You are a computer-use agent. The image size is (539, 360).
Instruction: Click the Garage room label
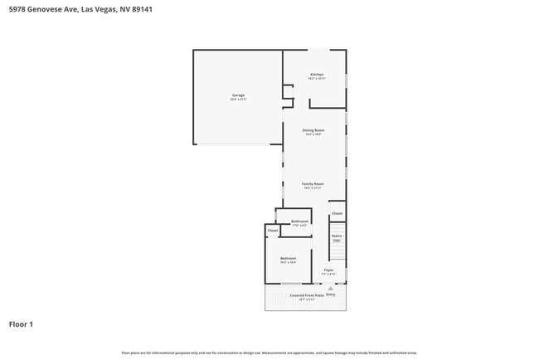238,95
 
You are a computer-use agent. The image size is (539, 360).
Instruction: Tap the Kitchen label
316,75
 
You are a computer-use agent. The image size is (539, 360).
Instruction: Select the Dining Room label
313,130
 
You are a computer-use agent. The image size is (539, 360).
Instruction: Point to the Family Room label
313,184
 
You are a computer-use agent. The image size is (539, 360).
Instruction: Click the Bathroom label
299,221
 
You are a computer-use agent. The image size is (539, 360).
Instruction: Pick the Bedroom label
288,258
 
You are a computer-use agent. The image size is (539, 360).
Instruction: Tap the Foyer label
329,270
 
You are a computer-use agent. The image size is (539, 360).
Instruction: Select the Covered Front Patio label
307,295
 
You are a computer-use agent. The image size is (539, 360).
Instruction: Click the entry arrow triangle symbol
331,288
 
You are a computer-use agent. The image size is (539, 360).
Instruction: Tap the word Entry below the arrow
331,294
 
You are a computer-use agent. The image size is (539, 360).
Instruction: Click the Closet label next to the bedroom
273,231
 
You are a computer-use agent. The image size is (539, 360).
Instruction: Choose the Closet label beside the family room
337,214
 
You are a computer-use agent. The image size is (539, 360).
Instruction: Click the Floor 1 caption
21,324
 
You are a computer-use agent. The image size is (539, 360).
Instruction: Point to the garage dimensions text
238,100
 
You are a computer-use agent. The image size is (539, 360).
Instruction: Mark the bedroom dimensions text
288,262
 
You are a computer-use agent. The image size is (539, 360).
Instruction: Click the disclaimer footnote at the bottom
269,353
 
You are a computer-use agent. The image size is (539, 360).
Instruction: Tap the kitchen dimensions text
316,79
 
